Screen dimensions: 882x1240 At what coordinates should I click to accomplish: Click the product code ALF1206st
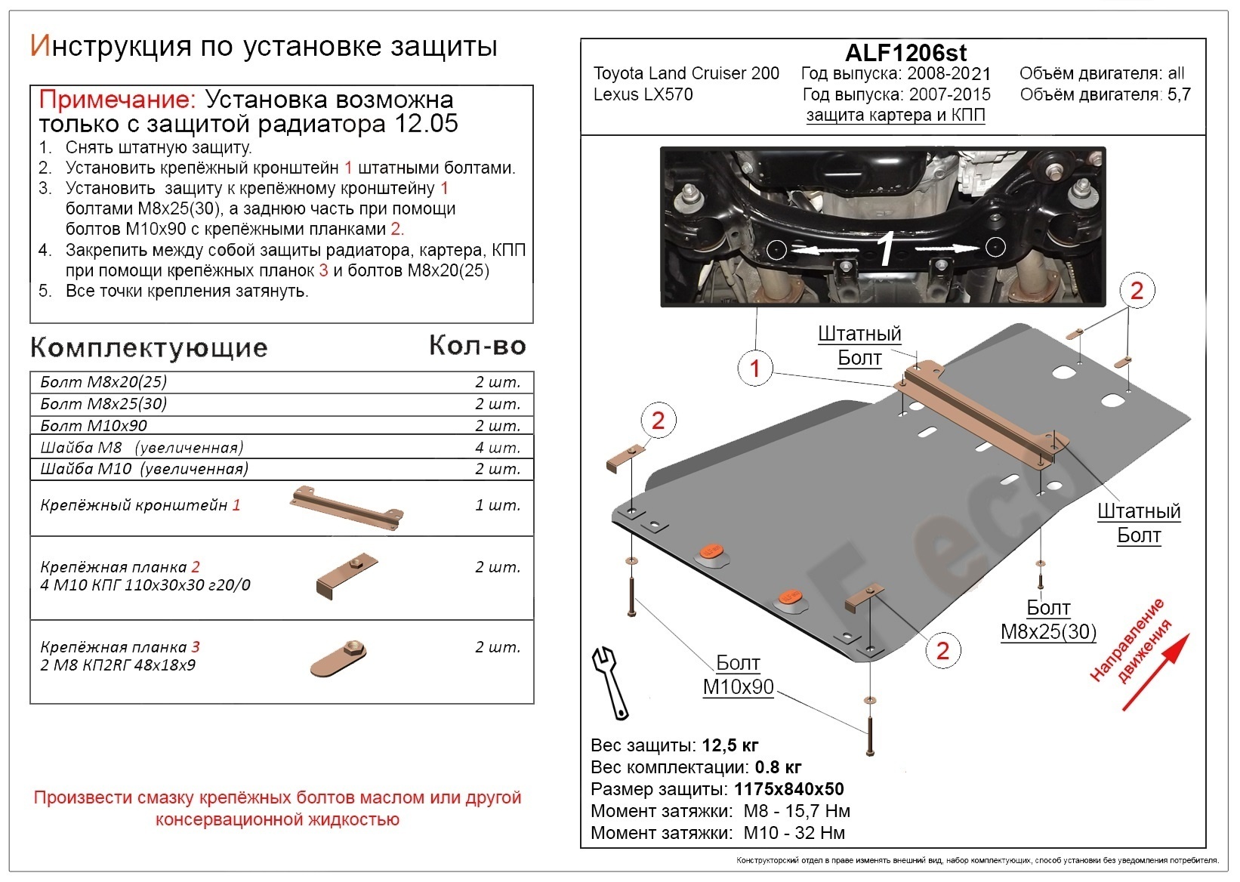click(905, 53)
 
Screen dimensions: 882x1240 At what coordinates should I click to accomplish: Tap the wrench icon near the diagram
click(609, 681)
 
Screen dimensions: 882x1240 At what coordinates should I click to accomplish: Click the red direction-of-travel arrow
click(1155, 672)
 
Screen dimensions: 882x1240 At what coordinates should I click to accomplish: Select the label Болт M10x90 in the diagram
click(737, 675)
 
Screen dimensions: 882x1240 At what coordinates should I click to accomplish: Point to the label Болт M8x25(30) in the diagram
click(1048, 620)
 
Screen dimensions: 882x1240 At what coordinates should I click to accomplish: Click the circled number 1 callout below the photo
click(754, 369)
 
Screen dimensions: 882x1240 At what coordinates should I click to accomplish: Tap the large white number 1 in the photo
click(886, 250)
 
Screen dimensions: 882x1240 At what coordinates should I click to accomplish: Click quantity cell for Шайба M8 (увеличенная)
click(497, 447)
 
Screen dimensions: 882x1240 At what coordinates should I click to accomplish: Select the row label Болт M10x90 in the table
click(94, 425)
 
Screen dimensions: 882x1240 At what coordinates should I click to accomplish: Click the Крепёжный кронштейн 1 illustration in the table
click(346, 507)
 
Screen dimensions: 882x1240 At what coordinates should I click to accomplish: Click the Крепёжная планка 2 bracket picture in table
click(346, 575)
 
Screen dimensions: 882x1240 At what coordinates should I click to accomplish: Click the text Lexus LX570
click(643, 94)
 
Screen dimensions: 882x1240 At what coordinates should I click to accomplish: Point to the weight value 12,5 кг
click(730, 745)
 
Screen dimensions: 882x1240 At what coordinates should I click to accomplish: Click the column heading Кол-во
click(477, 345)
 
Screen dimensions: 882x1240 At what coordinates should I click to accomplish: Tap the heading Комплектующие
click(149, 347)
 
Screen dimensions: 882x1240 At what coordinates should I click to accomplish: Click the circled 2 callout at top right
click(1137, 290)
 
